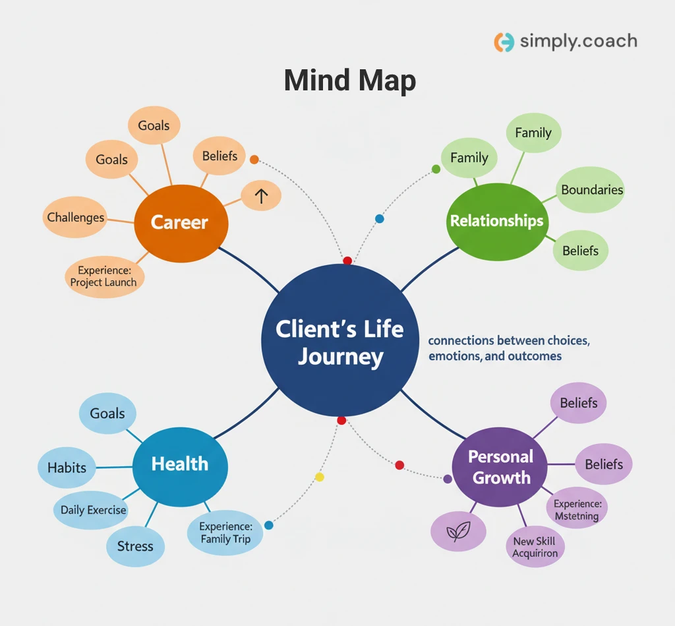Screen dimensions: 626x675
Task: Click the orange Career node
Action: pos(180,222)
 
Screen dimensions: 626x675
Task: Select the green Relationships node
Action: pos(496,220)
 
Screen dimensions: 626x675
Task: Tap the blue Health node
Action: pos(180,464)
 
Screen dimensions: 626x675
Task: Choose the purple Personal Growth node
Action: pos(501,466)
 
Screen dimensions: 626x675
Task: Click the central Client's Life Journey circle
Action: pos(339,342)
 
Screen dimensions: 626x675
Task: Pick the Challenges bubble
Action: pos(75,217)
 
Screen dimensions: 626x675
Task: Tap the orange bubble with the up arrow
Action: pos(261,196)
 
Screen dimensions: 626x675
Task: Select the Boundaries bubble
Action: pos(591,190)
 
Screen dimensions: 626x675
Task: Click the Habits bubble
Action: pos(67,468)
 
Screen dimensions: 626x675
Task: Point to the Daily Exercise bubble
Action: pos(93,510)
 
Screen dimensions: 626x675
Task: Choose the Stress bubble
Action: pos(135,546)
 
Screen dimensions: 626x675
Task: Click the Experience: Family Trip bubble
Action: pos(225,533)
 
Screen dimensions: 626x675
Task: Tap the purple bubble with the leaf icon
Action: pos(458,532)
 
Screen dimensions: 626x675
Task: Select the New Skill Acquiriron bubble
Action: pos(535,547)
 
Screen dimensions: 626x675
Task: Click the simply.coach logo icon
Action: pos(504,42)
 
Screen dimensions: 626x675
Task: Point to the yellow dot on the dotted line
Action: pos(320,477)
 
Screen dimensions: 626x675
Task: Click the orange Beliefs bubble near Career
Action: pos(220,156)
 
